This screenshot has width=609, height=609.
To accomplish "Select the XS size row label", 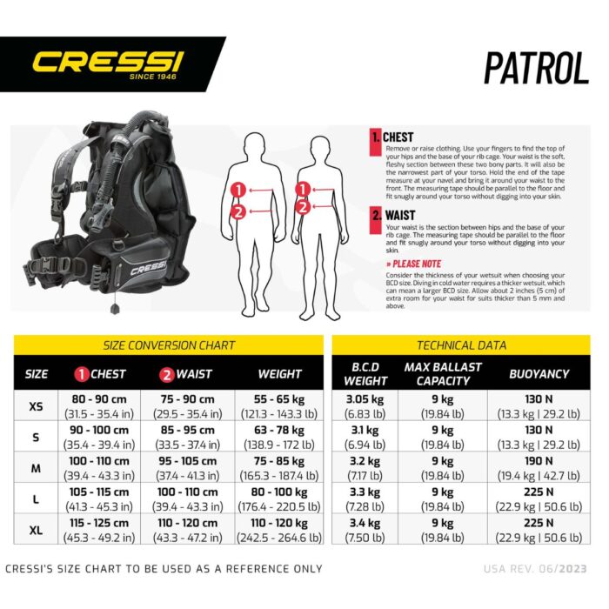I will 37,406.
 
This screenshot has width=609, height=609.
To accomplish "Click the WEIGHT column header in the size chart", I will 280,374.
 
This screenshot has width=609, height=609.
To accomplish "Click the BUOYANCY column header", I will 540,374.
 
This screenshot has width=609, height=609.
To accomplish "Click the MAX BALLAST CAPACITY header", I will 443,373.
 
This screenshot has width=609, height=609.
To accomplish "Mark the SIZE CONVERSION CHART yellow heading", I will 170,345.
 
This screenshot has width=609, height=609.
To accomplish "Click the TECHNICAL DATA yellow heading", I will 461,345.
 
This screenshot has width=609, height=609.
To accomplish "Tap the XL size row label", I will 37,530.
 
